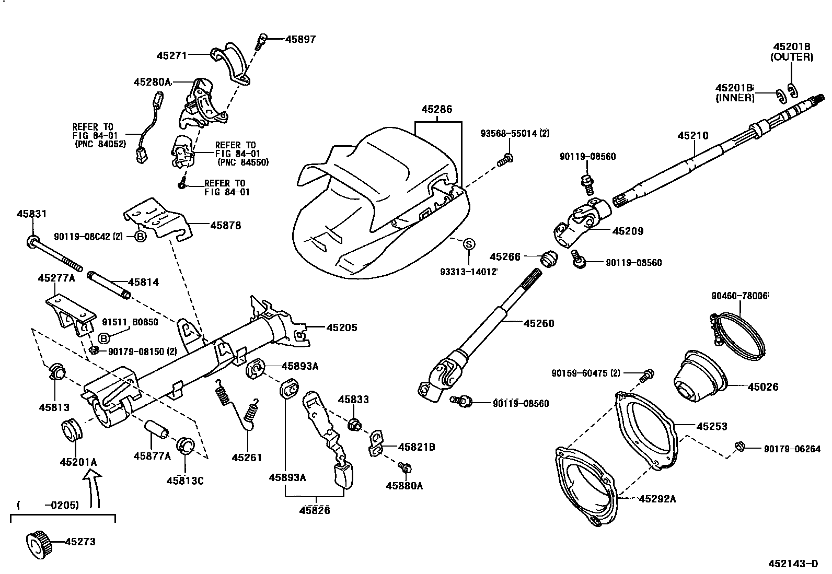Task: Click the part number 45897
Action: (300, 39)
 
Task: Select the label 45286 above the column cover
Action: (437, 110)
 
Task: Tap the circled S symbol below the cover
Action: (469, 243)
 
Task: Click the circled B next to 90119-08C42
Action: (141, 237)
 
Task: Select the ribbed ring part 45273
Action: (37, 543)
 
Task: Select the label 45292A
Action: (657, 499)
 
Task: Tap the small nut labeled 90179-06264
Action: (739, 446)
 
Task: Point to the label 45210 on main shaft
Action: (693, 136)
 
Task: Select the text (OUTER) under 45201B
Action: (791, 57)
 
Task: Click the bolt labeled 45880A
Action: (403, 466)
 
